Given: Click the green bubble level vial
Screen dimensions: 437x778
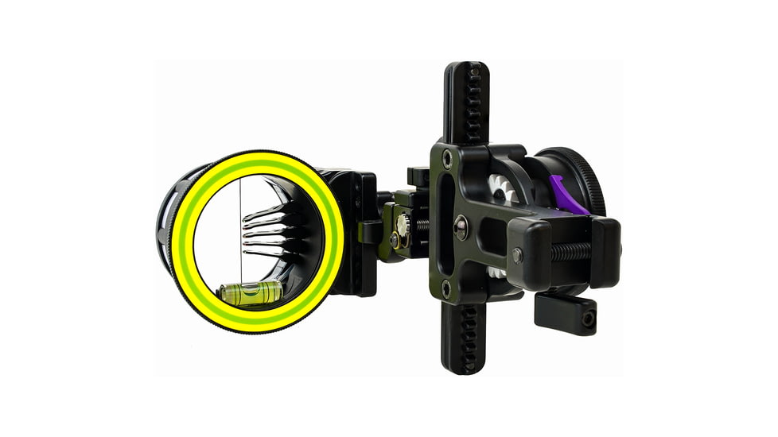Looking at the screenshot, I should (251, 292).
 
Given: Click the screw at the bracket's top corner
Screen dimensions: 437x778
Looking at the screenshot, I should (448, 158).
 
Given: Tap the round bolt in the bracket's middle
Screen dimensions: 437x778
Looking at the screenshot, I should (460, 228).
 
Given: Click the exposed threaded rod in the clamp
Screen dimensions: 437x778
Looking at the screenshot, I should (570, 251).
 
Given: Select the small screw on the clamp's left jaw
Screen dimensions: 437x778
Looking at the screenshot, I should (518, 256).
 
